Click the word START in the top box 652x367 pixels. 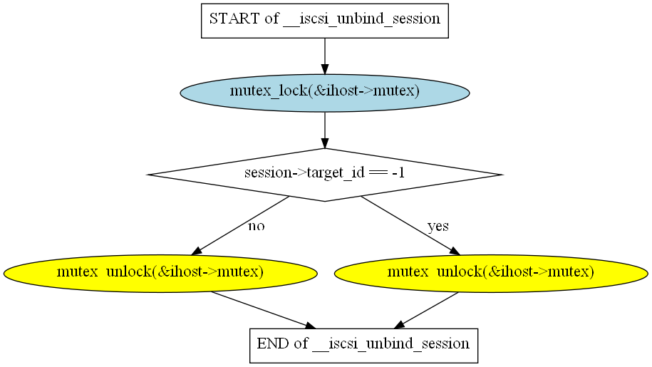pyautogui.click(x=234, y=19)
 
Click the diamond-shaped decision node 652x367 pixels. pyautogui.click(x=325, y=175)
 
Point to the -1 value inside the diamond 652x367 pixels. pyautogui.click(x=398, y=172)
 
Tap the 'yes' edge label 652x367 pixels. pyautogui.click(x=438, y=227)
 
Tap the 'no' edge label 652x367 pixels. pyautogui.click(x=256, y=227)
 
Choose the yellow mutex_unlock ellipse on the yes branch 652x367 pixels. pyautogui.click(x=491, y=273)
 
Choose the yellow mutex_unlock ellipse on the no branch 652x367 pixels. pyautogui.click(x=160, y=273)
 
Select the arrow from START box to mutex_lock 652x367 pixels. pyautogui.click(x=325, y=56)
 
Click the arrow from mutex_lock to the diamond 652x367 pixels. pyautogui.click(x=325, y=130)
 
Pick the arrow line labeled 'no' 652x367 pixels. pyautogui.click(x=240, y=225)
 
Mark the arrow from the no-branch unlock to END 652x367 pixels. pyautogui.click(x=263, y=310)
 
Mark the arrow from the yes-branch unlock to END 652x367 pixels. pyautogui.click(x=426, y=310)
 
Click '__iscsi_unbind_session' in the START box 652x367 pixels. pyautogui.click(x=362, y=19)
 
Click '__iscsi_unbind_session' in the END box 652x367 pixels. pyautogui.click(x=391, y=344)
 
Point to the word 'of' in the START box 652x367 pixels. pyautogui.click(x=271, y=19)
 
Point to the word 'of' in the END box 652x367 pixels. pyautogui.click(x=301, y=343)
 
